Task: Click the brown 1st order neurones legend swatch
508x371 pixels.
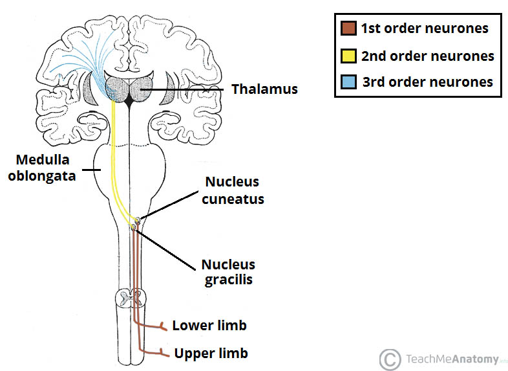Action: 347,28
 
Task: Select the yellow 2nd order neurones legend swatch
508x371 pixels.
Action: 347,56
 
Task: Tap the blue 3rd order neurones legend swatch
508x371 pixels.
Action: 347,82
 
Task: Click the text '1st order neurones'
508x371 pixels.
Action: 424,28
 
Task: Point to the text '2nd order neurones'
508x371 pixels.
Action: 427,56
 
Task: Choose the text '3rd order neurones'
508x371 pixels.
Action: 427,82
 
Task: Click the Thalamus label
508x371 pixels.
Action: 265,89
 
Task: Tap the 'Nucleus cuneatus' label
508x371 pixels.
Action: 235,190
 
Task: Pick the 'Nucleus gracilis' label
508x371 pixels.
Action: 228,272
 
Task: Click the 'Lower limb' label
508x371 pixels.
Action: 209,325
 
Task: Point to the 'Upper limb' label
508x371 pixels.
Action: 211,354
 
